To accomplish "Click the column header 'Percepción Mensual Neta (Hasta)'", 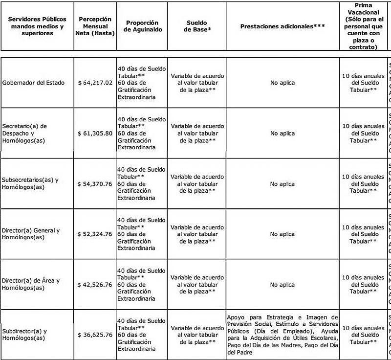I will click(95, 26).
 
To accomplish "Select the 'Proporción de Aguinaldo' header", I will click(142, 26).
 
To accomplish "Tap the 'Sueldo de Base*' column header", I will click(196, 26).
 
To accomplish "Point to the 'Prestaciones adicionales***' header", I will click(282, 26).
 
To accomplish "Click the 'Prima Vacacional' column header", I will click(363, 26).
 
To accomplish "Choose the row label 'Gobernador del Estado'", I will click(33, 83).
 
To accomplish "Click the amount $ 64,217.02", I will click(95, 83).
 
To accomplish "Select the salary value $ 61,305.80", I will click(95, 134).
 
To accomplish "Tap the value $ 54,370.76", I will click(95, 184).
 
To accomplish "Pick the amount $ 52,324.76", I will click(95, 234).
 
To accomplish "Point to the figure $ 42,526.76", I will click(95, 285).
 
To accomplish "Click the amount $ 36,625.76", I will click(95, 335).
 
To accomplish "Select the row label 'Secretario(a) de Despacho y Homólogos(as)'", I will click(24, 134).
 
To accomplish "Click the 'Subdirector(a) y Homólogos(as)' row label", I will click(24, 335).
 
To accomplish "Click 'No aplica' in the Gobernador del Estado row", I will click(282, 83).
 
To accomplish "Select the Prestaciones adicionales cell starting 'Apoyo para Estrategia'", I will click(282, 335).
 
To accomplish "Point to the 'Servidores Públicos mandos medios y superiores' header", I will click(37, 26).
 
